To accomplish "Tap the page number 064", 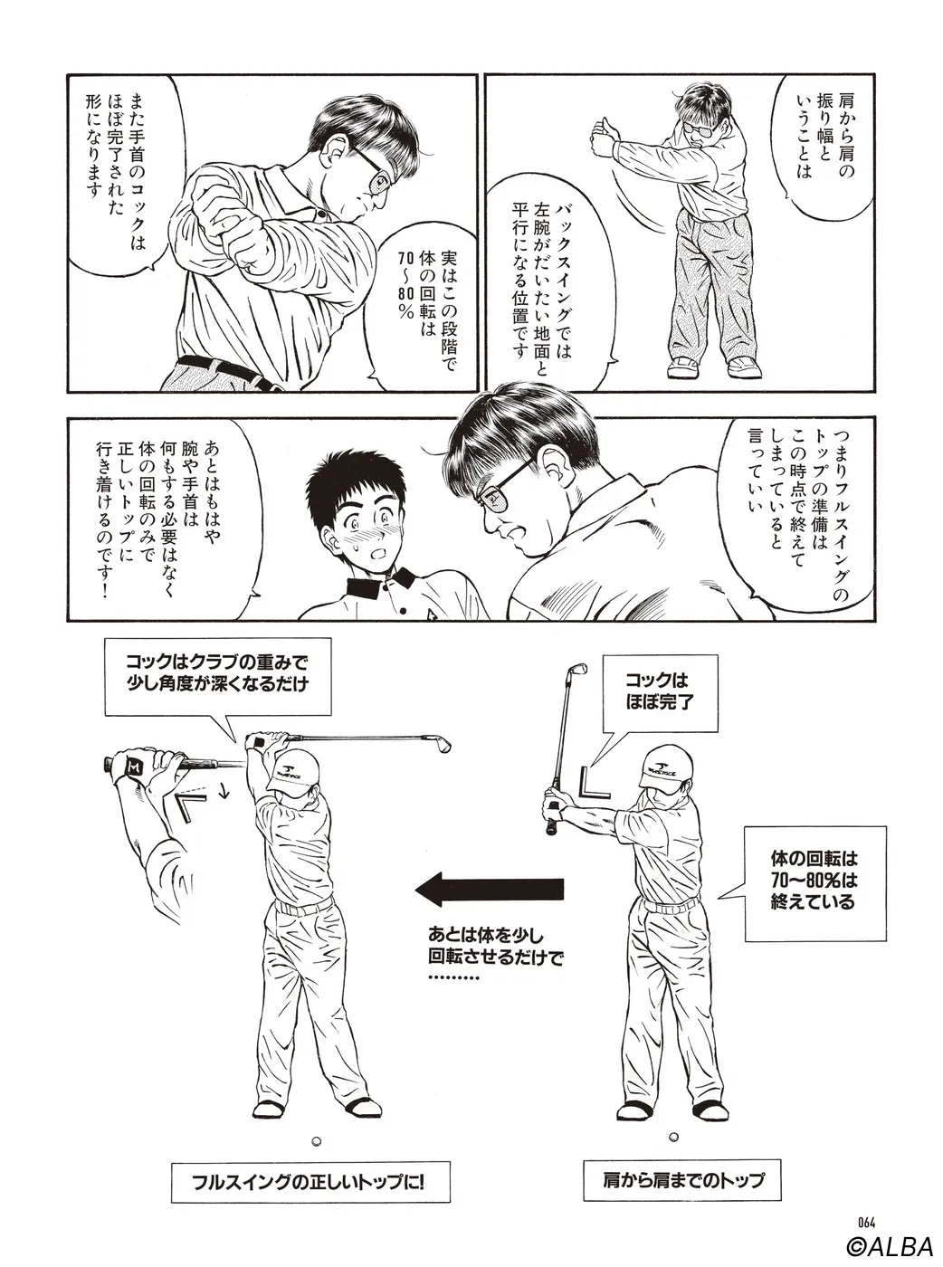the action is click(866, 1218).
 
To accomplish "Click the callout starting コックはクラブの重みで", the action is click(217, 673).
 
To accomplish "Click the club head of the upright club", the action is click(577, 670).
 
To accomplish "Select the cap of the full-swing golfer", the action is click(298, 772).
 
